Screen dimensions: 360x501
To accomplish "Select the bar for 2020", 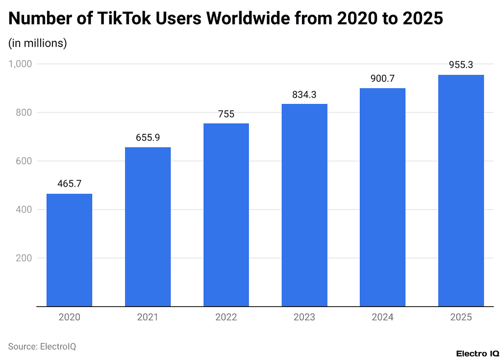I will pyautogui.click(x=69, y=250).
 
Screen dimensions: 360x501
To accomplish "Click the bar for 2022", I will pyautogui.click(x=226, y=215).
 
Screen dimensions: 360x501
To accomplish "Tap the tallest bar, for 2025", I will pyautogui.click(x=461, y=191).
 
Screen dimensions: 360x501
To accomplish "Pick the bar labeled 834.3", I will pyautogui.click(x=304, y=205).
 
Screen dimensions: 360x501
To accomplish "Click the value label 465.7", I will pyautogui.click(x=69, y=184).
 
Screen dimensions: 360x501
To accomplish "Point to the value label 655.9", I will pyautogui.click(x=148, y=138).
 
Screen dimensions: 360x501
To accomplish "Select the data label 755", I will pyautogui.click(x=226, y=114).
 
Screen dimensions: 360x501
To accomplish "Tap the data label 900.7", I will pyautogui.click(x=382, y=78).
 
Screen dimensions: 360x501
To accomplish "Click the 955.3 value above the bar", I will pyautogui.click(x=461, y=65).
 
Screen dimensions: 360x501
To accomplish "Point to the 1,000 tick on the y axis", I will pyautogui.click(x=20, y=64).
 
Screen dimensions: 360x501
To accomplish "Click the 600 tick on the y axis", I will pyautogui.click(x=24, y=161).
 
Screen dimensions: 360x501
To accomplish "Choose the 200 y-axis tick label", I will pyautogui.click(x=24, y=258).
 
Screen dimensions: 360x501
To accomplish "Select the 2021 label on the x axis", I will pyautogui.click(x=148, y=317).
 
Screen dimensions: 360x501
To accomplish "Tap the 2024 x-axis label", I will pyautogui.click(x=382, y=317).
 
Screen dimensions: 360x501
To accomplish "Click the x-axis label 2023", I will pyautogui.click(x=304, y=317).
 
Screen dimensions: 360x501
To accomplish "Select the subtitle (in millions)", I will pyautogui.click(x=38, y=43).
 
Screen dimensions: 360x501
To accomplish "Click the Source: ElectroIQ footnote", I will pyautogui.click(x=42, y=346).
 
